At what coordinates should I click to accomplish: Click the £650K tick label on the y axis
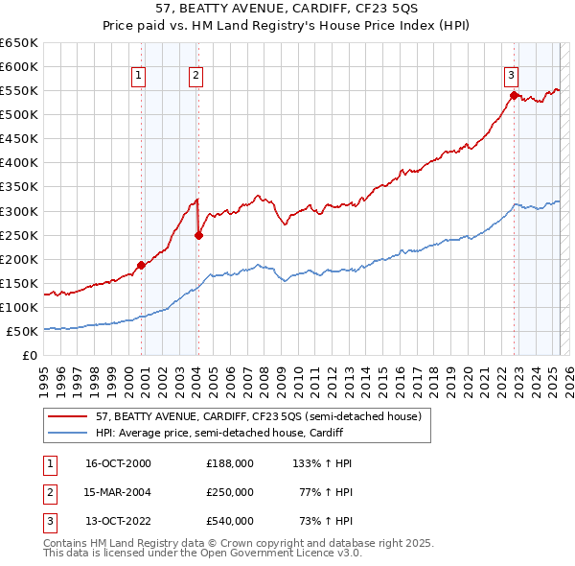tap(19, 43)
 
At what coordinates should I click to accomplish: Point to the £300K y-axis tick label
tap(19, 211)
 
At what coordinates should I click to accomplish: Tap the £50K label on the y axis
tap(23, 331)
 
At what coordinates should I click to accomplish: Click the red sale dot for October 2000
tap(141, 265)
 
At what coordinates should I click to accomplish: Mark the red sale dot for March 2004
tap(198, 235)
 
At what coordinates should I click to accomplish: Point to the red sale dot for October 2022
tap(514, 95)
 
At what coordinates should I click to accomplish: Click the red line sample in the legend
tap(68, 416)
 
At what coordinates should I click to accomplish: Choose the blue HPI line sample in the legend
tap(68, 433)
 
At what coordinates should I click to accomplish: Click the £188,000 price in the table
tap(230, 462)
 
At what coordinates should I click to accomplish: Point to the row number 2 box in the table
tap(48, 491)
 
